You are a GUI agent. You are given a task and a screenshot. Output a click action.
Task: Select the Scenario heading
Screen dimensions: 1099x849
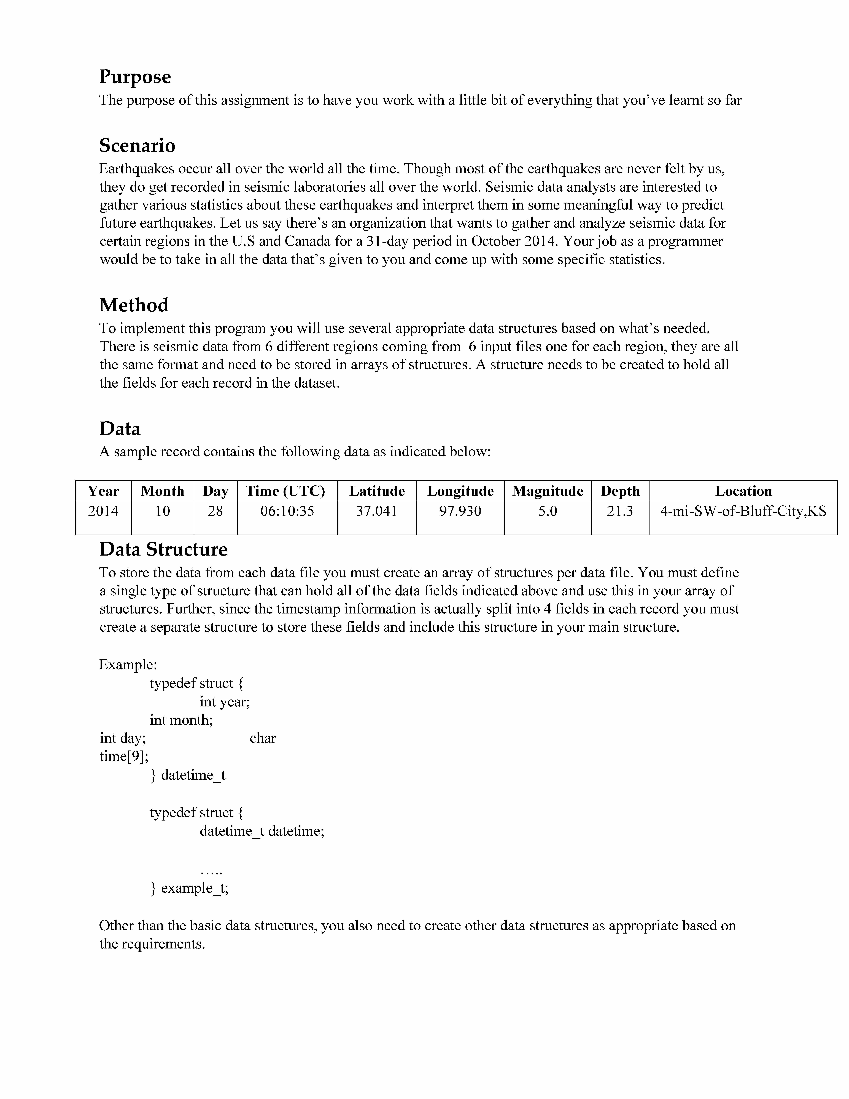[x=137, y=146]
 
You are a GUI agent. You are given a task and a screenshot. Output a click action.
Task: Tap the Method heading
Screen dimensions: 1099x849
[x=134, y=305]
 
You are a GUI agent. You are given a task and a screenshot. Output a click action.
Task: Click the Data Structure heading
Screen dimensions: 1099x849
[x=163, y=549]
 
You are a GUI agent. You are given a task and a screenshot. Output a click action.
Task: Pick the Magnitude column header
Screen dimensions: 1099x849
[x=548, y=491]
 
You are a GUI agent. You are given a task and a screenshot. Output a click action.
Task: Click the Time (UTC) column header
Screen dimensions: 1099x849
[x=285, y=491]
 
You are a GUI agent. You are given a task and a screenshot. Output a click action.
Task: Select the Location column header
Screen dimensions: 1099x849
[x=743, y=491]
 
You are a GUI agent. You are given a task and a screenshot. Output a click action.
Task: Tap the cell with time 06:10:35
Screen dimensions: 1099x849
[x=287, y=511]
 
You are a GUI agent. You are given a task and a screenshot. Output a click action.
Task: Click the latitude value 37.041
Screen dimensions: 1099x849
[x=377, y=511]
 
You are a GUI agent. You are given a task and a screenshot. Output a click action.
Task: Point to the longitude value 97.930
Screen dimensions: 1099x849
[x=460, y=511]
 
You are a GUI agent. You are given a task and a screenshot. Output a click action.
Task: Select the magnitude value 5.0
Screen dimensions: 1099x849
[x=548, y=511]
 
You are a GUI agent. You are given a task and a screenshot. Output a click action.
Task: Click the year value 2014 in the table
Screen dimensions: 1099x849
[x=103, y=511]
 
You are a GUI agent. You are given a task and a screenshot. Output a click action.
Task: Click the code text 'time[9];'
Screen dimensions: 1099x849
[x=124, y=756]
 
